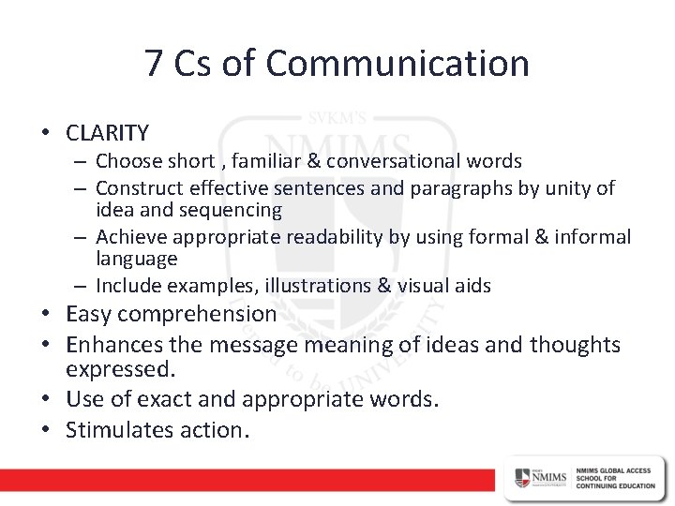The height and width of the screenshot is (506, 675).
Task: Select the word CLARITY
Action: pyautogui.click(x=107, y=132)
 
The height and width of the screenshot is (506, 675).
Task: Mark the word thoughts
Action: pyautogui.click(x=574, y=345)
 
